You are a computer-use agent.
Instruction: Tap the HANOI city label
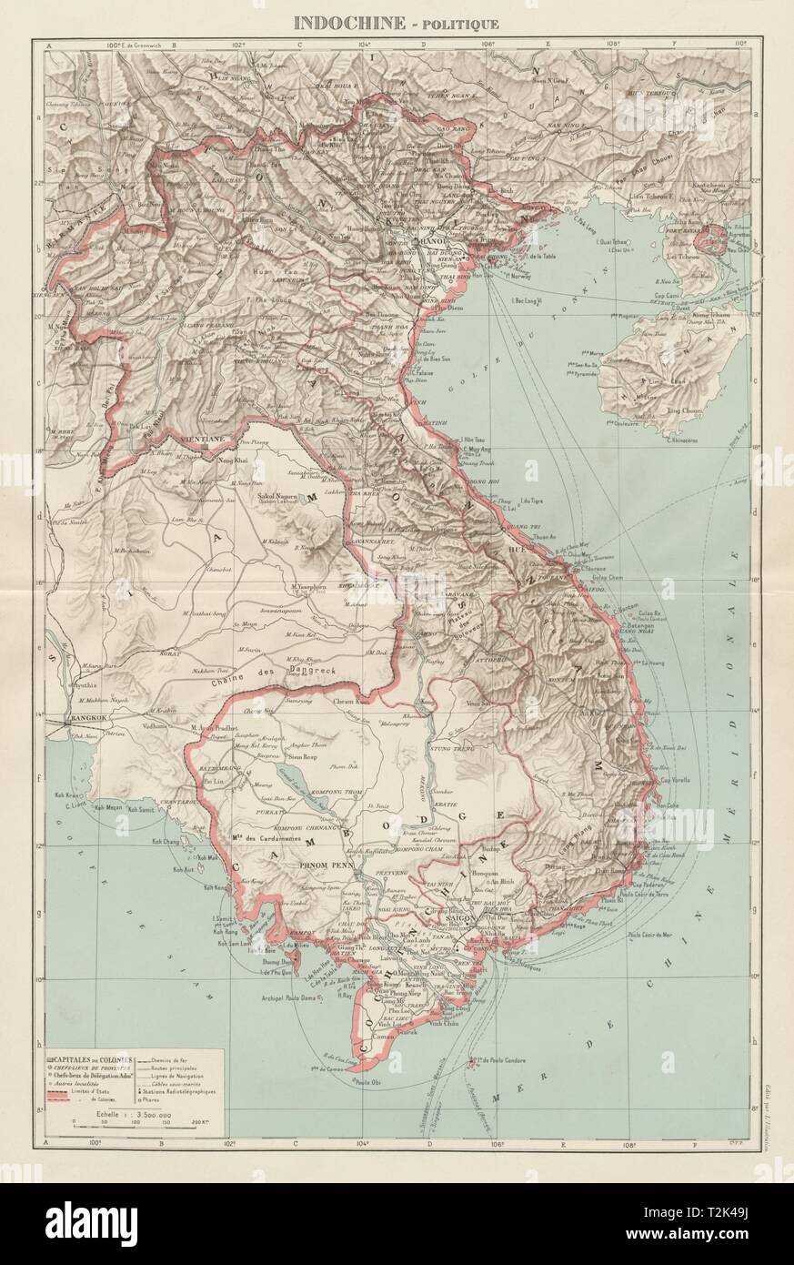pos(430,240)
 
